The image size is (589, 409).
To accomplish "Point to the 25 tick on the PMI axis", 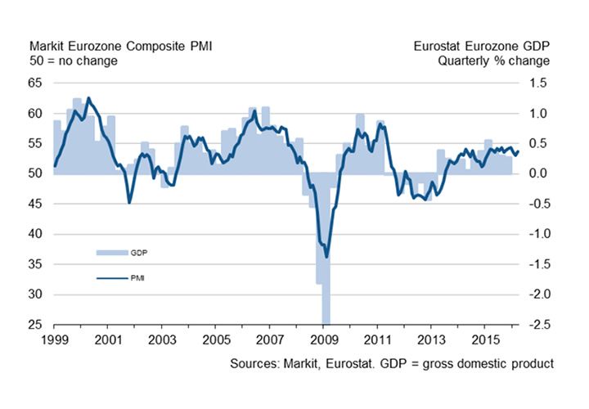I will (37, 325).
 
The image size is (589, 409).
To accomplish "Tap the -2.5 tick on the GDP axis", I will (537, 325).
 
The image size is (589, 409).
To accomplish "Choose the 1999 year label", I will (54, 338).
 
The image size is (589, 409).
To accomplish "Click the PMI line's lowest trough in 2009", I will (326, 256).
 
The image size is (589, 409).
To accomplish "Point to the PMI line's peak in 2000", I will (88, 98).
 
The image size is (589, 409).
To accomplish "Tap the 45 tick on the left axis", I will (37, 204).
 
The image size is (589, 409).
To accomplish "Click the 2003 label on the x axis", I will (162, 338).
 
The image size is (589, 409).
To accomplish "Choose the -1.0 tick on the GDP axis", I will (537, 234).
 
